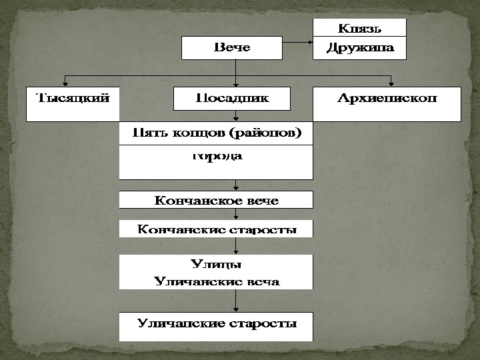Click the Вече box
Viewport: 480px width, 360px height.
[x=231, y=47]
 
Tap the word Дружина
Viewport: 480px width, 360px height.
[x=360, y=48]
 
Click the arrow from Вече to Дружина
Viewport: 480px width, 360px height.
[x=297, y=45]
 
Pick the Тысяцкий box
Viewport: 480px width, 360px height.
[x=72, y=103]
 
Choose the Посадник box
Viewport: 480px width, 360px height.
[x=232, y=99]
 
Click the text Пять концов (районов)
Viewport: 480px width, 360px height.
[x=216, y=133]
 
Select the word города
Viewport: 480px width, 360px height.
[x=216, y=157]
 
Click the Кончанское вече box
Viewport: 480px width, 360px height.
[x=216, y=200]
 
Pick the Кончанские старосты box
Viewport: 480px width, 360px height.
[x=216, y=229]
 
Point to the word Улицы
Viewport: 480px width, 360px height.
[x=216, y=265]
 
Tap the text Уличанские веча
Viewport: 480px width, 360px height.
[x=216, y=281]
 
